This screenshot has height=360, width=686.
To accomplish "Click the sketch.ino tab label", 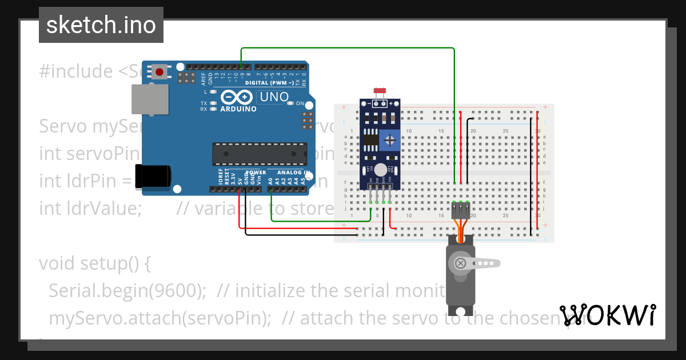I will (101, 25).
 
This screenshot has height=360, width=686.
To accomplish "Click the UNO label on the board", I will (274, 97).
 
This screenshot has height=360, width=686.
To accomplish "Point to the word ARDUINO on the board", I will (238, 109).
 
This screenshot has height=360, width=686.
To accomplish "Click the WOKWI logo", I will (608, 315).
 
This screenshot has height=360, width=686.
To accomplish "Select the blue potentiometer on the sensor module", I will (390, 140).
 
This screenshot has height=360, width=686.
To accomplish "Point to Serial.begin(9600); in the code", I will (127, 291).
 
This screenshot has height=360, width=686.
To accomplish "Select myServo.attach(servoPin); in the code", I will (160, 318).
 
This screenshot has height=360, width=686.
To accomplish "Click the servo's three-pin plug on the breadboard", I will (461, 211).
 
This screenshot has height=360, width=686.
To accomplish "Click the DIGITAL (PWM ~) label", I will (271, 83).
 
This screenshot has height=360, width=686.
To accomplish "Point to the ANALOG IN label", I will (293, 172).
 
